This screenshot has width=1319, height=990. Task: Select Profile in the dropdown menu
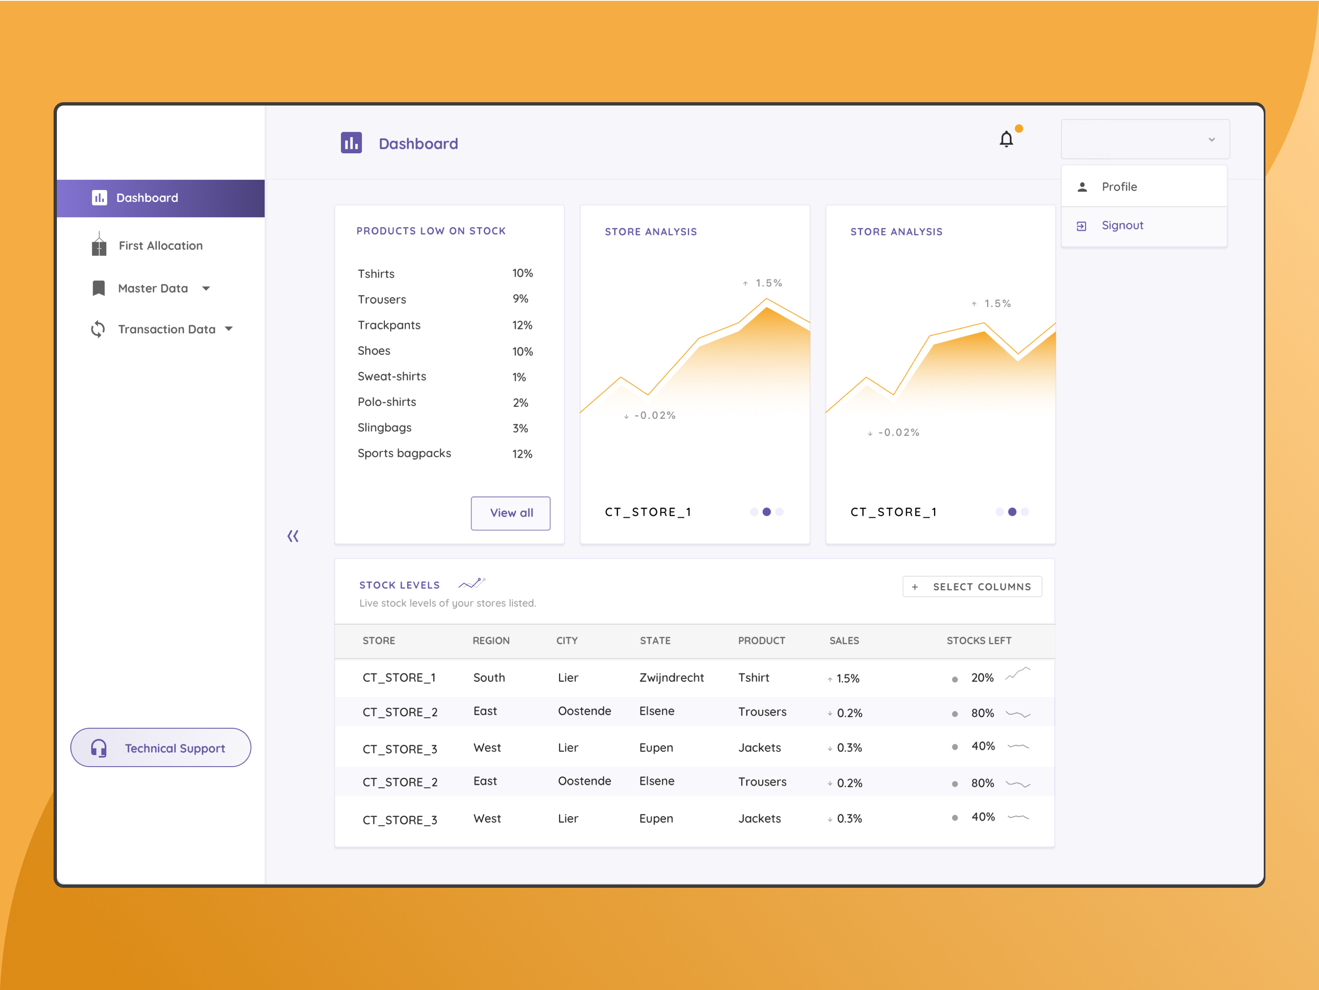click(x=1119, y=187)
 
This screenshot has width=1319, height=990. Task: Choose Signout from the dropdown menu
click(x=1122, y=225)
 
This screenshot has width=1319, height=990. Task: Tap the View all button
click(x=510, y=513)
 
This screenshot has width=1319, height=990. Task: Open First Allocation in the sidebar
click(x=160, y=246)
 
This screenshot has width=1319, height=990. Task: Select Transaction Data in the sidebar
click(x=167, y=329)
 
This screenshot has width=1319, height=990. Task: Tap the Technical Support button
click(x=160, y=748)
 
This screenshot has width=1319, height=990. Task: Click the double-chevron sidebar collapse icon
click(x=293, y=536)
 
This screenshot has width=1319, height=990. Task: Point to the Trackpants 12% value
click(x=522, y=326)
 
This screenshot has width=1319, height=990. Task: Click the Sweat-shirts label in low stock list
click(x=392, y=376)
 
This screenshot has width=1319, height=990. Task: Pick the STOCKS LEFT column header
click(x=979, y=640)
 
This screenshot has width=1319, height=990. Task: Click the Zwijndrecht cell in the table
click(x=671, y=678)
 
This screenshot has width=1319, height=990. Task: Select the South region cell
click(x=489, y=678)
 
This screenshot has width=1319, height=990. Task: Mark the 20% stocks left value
click(x=982, y=678)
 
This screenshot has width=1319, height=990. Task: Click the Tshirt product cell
click(x=753, y=678)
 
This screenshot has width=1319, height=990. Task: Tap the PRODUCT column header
click(x=761, y=640)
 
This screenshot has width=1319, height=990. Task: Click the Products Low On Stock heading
click(x=430, y=231)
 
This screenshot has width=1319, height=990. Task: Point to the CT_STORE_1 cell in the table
click(x=399, y=678)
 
